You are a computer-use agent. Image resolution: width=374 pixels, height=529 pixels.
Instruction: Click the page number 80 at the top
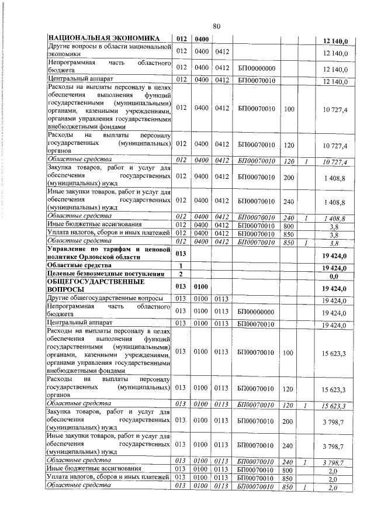click(x=216, y=26)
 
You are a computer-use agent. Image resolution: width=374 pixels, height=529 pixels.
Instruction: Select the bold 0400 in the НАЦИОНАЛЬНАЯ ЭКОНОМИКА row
click(x=202, y=39)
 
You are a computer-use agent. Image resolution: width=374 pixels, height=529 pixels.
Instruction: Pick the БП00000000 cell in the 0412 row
click(x=257, y=69)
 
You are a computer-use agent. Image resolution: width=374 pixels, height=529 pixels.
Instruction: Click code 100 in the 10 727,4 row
click(x=289, y=108)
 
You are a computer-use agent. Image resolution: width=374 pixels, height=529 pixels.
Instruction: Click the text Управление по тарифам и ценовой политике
click(x=109, y=254)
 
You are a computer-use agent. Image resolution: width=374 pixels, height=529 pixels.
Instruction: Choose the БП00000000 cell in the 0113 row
click(x=257, y=311)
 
